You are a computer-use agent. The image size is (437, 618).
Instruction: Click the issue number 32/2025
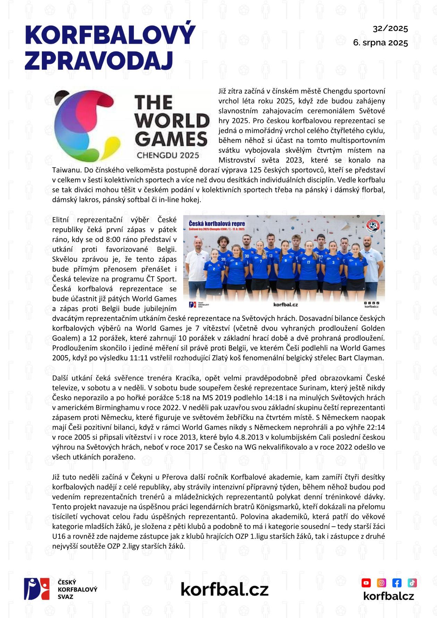click(390, 29)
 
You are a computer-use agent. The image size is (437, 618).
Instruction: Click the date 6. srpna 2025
click(380, 43)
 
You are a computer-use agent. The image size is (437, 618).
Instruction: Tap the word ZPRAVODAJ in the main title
click(99, 61)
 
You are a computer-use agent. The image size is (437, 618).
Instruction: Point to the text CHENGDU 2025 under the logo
click(168, 155)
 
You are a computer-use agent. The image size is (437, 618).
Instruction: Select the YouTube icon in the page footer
click(366, 583)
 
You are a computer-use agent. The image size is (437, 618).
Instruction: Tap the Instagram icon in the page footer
click(381, 583)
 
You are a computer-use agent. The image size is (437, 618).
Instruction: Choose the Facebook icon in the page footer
click(396, 583)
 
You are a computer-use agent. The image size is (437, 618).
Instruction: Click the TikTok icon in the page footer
click(412, 583)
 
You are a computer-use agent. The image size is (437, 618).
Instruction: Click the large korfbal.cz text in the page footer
click(224, 589)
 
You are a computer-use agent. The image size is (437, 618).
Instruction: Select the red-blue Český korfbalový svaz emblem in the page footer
click(36, 589)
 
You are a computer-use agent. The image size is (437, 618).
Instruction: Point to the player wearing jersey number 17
click(308, 264)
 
